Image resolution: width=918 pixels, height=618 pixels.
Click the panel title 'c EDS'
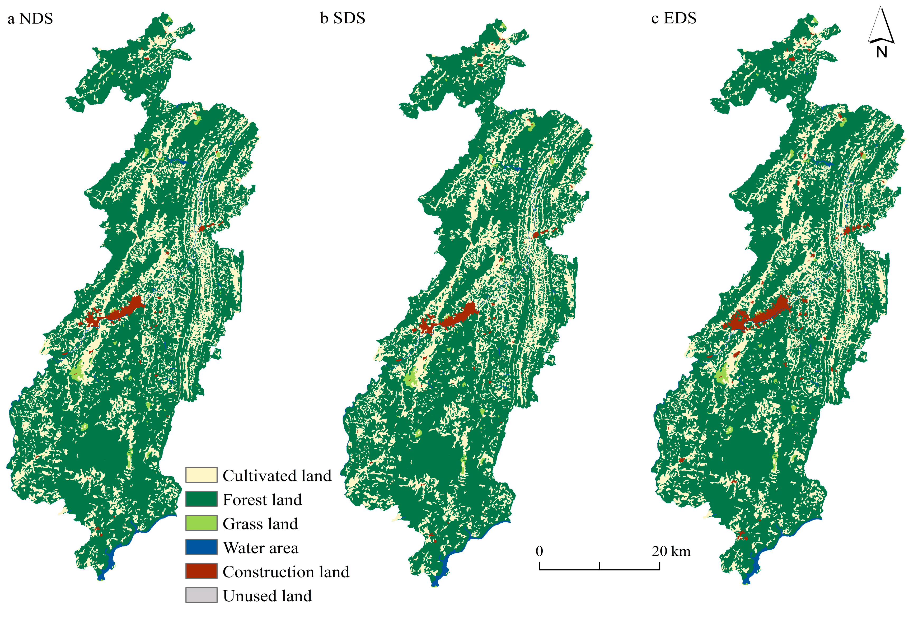tap(674, 18)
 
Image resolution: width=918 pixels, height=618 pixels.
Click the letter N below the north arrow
tap(881, 52)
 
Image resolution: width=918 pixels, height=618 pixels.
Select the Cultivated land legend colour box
tap(201, 475)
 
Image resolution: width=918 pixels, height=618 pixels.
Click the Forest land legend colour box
tap(201, 499)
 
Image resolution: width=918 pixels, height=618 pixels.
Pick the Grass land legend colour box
tap(201, 523)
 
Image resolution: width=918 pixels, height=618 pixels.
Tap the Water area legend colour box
tap(201, 547)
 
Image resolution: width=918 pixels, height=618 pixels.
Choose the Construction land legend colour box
tap(201, 571)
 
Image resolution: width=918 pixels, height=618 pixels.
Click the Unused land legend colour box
tap(201, 595)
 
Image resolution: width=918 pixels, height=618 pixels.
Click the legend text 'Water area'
tap(260, 548)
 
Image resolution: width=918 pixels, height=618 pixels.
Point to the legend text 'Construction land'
tap(286, 572)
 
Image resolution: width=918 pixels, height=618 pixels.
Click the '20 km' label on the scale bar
tap(671, 551)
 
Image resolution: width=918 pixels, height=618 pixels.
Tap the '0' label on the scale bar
tap(539, 551)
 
